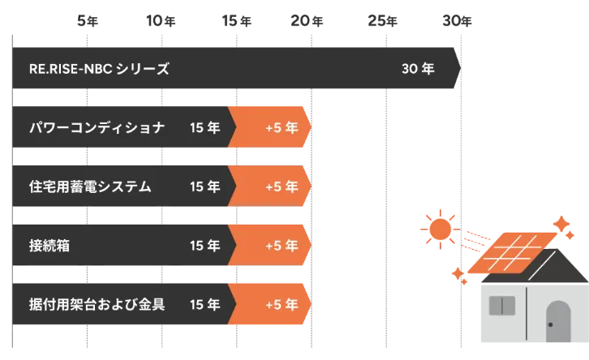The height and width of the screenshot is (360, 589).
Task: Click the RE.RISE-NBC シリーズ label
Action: (x=98, y=69)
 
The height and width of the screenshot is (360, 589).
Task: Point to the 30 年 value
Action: (x=418, y=69)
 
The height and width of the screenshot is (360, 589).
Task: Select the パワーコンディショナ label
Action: (x=97, y=127)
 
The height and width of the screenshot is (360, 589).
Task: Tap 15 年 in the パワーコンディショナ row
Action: (x=204, y=127)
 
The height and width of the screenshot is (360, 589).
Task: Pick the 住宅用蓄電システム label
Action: (x=90, y=186)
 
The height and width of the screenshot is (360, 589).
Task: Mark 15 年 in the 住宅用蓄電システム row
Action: (x=204, y=186)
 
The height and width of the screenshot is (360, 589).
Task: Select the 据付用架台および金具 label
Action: (x=97, y=306)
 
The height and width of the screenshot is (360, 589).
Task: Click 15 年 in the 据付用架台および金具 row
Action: (x=204, y=306)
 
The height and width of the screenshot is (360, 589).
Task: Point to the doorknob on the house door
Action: (x=551, y=325)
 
